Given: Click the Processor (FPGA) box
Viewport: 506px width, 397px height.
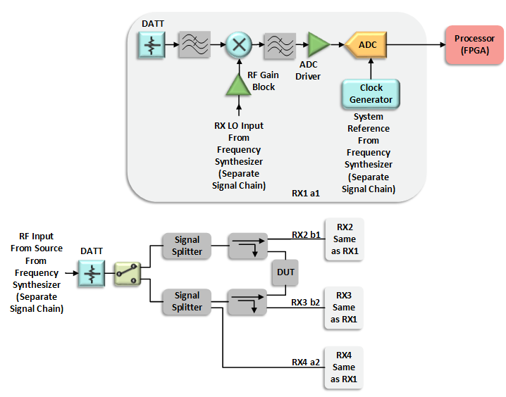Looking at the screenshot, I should (474, 44).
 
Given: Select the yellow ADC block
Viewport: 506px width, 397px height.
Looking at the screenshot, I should (366, 45).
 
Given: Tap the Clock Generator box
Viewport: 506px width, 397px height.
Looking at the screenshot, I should (371, 94).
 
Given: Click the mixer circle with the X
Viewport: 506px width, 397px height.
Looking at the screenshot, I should (238, 45).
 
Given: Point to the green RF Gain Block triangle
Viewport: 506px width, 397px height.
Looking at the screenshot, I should (238, 84).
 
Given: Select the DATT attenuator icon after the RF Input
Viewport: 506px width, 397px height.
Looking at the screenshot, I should (92, 272).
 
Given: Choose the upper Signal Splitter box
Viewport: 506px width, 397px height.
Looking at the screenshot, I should (187, 246).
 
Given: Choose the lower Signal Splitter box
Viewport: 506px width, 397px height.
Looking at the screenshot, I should (187, 301).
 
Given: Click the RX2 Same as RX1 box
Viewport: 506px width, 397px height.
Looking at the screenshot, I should (344, 239).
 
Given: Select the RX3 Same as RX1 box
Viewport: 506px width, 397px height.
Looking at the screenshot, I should (344, 308).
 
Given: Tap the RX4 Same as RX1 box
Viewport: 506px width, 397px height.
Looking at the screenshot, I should (344, 367).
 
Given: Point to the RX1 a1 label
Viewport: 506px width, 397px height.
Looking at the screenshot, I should (306, 192).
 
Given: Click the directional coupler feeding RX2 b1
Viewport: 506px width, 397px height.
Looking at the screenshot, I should (247, 246).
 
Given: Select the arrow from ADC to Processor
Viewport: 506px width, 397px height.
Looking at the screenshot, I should (416, 45).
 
